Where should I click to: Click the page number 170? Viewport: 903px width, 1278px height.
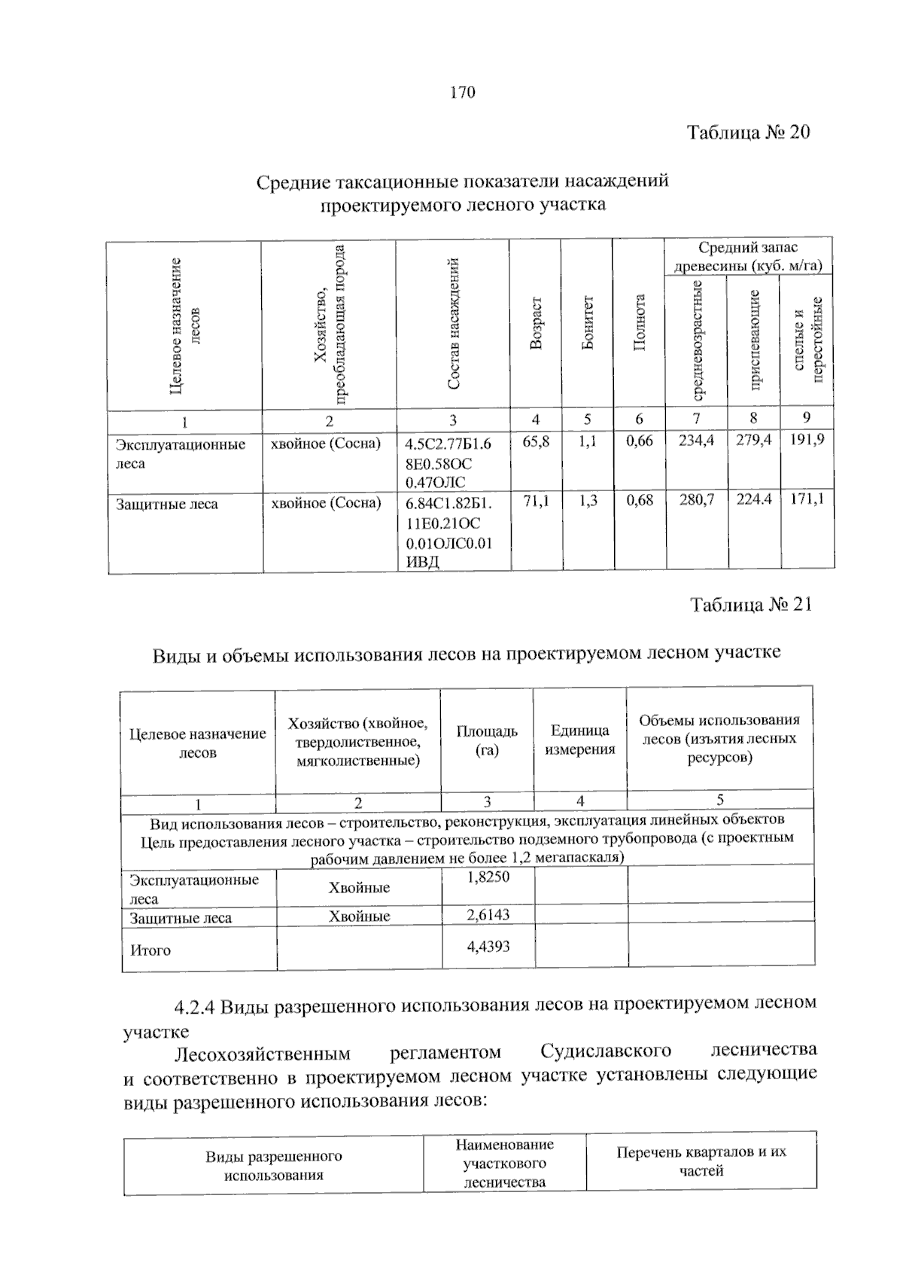[x=463, y=93]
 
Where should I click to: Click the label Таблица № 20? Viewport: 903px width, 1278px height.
[x=748, y=133]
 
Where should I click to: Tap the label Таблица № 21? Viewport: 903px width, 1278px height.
[x=751, y=605]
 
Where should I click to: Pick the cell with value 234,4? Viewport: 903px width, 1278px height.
[x=696, y=441]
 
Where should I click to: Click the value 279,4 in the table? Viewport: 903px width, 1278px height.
[x=753, y=441]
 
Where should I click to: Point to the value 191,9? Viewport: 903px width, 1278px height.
[x=807, y=441]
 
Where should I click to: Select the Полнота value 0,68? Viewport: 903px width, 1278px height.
[x=640, y=499]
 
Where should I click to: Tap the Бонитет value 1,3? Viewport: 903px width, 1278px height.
[x=588, y=499]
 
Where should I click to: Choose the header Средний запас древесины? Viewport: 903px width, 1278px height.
[x=748, y=256]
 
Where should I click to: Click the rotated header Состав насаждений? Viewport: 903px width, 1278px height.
[x=453, y=324]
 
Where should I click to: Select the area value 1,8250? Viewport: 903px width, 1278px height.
[x=488, y=877]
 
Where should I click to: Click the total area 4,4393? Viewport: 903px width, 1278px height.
[x=488, y=946]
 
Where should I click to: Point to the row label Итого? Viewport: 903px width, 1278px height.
[x=150, y=950]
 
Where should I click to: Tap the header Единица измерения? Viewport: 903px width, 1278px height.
[x=579, y=740]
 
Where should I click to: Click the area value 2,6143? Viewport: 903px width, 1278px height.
[x=488, y=914]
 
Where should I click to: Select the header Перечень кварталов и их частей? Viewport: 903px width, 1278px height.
[x=701, y=1161]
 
